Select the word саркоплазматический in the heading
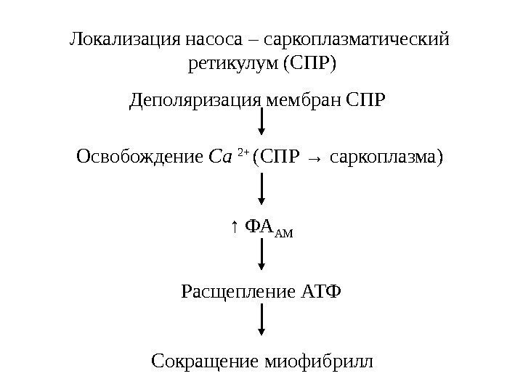coord(359,38)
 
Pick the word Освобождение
coord(139,156)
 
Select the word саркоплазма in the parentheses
coord(382,157)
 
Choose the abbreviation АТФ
coord(321,292)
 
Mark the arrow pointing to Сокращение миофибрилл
coord(261,322)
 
